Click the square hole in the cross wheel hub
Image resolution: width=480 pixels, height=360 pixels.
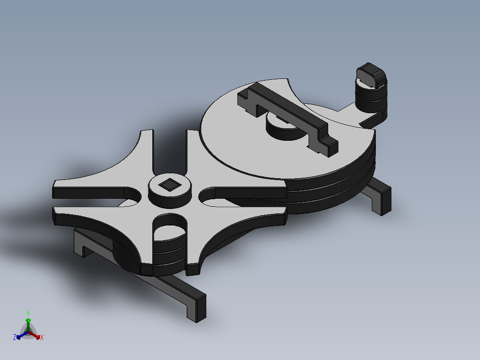pos(170,184)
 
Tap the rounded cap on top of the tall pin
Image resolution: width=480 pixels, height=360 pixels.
pos(371,74)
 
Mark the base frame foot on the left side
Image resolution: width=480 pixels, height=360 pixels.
pos(82,243)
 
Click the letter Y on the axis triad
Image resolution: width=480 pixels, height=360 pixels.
pos(28,313)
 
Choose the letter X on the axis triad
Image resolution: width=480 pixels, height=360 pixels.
pos(42,338)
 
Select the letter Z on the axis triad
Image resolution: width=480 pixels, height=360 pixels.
pos(15,338)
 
